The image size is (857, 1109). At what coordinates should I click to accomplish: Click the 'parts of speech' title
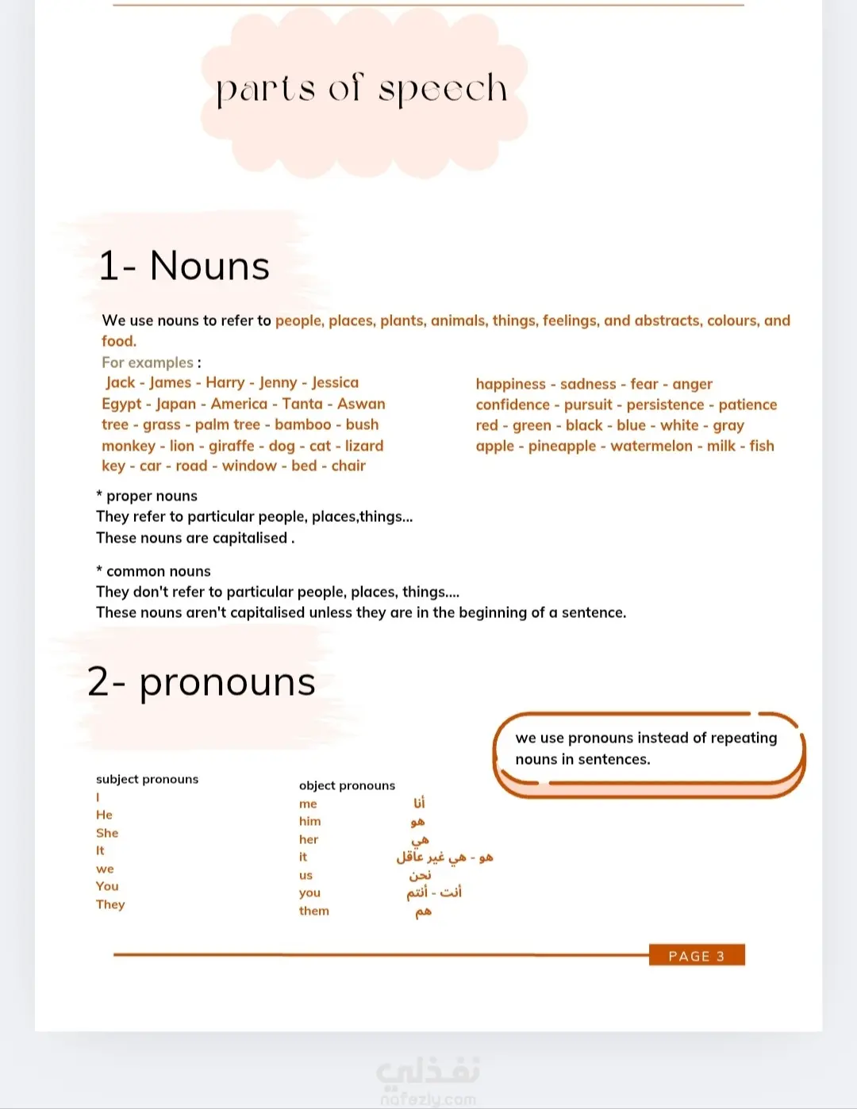click(362, 89)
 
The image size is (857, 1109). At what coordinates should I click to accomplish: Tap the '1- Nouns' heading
click(184, 266)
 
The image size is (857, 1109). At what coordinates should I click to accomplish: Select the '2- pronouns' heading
click(202, 681)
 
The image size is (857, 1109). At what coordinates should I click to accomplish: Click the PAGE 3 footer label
click(696, 956)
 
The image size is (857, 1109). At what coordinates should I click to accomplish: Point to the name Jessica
click(335, 383)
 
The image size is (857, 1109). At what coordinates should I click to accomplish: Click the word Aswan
click(361, 404)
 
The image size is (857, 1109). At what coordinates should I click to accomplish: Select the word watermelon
click(651, 446)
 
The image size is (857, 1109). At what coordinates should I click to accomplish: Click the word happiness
click(510, 384)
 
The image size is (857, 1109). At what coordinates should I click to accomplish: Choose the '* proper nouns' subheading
click(147, 496)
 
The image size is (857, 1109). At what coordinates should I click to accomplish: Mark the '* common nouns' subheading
click(153, 571)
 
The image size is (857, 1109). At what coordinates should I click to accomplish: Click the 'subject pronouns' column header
click(148, 779)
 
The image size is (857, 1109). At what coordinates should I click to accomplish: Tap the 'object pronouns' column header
click(347, 785)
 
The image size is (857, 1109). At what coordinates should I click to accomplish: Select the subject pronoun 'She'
click(107, 833)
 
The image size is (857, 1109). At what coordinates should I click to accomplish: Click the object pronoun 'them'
click(314, 911)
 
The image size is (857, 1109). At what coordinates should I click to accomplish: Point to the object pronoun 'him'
click(310, 821)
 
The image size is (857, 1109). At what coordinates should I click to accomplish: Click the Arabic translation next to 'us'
click(420, 875)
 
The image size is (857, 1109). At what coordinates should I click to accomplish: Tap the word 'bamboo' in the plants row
click(303, 425)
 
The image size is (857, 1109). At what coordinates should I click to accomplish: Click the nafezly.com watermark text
click(428, 1099)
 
